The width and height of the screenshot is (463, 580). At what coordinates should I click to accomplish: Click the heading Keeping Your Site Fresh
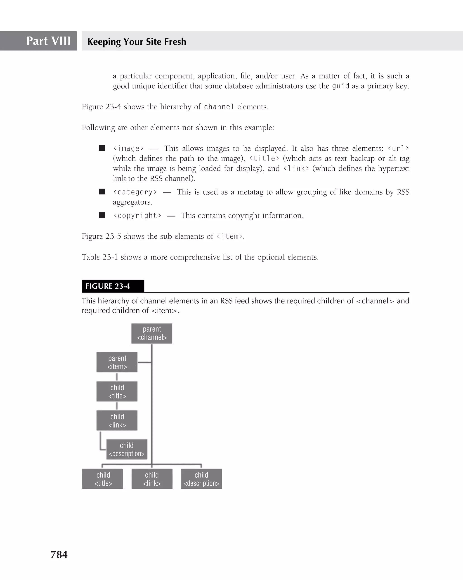click(137, 42)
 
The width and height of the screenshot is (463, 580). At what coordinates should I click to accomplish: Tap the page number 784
click(59, 554)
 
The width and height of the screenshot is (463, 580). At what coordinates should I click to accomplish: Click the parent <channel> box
click(152, 333)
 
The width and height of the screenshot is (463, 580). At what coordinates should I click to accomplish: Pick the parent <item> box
click(117, 362)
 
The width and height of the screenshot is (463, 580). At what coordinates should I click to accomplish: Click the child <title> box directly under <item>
click(117, 391)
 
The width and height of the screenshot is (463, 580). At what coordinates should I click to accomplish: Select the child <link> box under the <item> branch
click(117, 420)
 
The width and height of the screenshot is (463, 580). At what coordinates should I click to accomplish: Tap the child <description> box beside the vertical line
click(127, 449)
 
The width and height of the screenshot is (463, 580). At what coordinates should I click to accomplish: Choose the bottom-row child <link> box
click(152, 479)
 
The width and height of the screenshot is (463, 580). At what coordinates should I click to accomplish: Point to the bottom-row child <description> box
click(201, 479)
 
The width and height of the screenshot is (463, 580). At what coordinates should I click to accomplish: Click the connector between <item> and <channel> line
click(145, 362)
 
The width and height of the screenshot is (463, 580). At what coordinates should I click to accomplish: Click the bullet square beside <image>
click(102, 148)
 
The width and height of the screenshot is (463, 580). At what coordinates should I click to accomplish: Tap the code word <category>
click(135, 192)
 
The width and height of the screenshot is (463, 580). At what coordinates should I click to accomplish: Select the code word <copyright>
click(137, 215)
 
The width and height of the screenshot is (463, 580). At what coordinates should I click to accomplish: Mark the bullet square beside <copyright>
click(102, 215)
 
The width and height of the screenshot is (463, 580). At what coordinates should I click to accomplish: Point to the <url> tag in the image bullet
click(398, 149)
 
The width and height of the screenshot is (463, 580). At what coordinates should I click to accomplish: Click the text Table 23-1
click(100, 257)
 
